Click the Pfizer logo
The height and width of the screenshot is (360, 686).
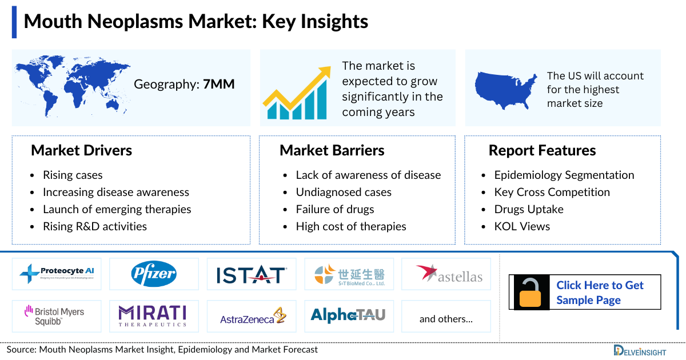154,274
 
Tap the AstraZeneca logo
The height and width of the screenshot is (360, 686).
252,316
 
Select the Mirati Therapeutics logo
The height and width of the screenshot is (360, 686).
153,316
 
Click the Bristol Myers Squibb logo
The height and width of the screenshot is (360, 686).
55,316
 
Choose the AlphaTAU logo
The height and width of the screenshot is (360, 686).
348,315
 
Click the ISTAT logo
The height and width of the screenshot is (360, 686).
252,275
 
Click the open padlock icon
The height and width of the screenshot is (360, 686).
531,292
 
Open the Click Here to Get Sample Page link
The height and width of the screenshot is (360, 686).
600,293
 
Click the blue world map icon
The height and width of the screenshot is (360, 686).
72,86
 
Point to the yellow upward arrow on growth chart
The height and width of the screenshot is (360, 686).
298,91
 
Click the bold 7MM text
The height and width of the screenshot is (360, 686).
219,85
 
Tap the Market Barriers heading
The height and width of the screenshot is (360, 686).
332,151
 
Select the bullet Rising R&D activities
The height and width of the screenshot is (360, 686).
94,226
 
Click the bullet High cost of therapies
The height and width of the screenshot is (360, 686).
350,226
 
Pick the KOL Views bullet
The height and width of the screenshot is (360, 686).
521,226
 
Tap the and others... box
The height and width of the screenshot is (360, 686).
446,319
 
